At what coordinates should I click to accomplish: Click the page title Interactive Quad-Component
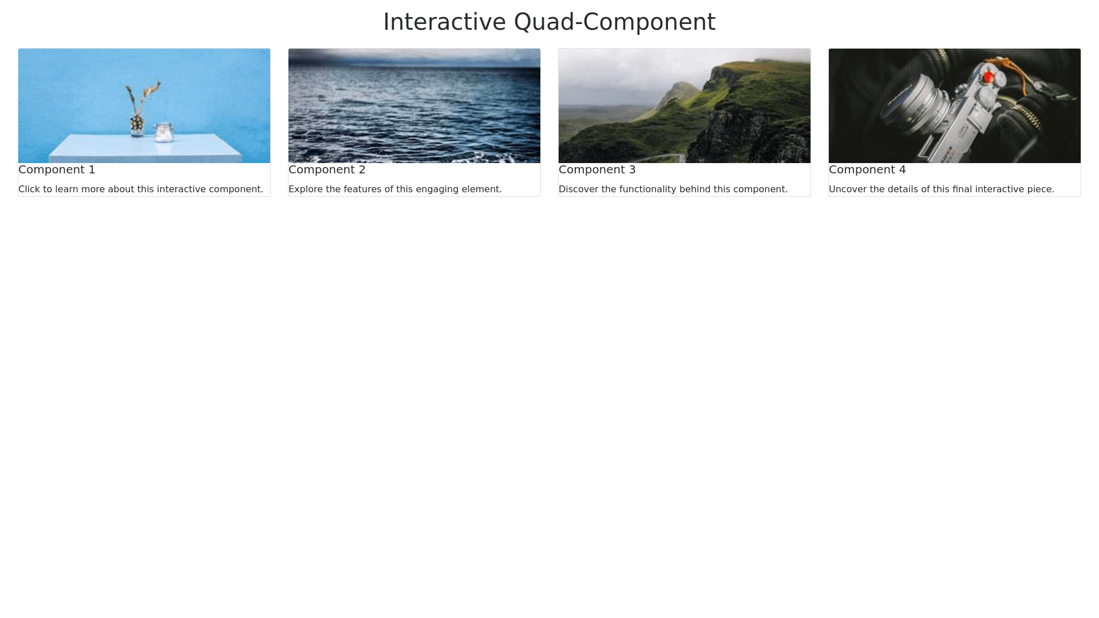[x=549, y=22]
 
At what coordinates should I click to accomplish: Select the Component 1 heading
[x=57, y=170]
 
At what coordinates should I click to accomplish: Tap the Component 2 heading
[x=327, y=170]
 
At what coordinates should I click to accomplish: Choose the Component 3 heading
[x=597, y=170]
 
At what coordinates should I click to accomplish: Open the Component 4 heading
[x=867, y=170]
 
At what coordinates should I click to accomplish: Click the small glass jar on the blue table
[x=164, y=132]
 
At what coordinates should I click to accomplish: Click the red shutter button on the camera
[x=989, y=77]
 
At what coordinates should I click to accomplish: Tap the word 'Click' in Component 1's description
[x=28, y=189]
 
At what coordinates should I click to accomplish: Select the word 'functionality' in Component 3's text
[x=648, y=189]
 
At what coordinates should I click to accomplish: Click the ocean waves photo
[x=414, y=106]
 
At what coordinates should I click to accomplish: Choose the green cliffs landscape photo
[x=685, y=106]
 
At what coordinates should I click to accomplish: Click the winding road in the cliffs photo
[x=664, y=157]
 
